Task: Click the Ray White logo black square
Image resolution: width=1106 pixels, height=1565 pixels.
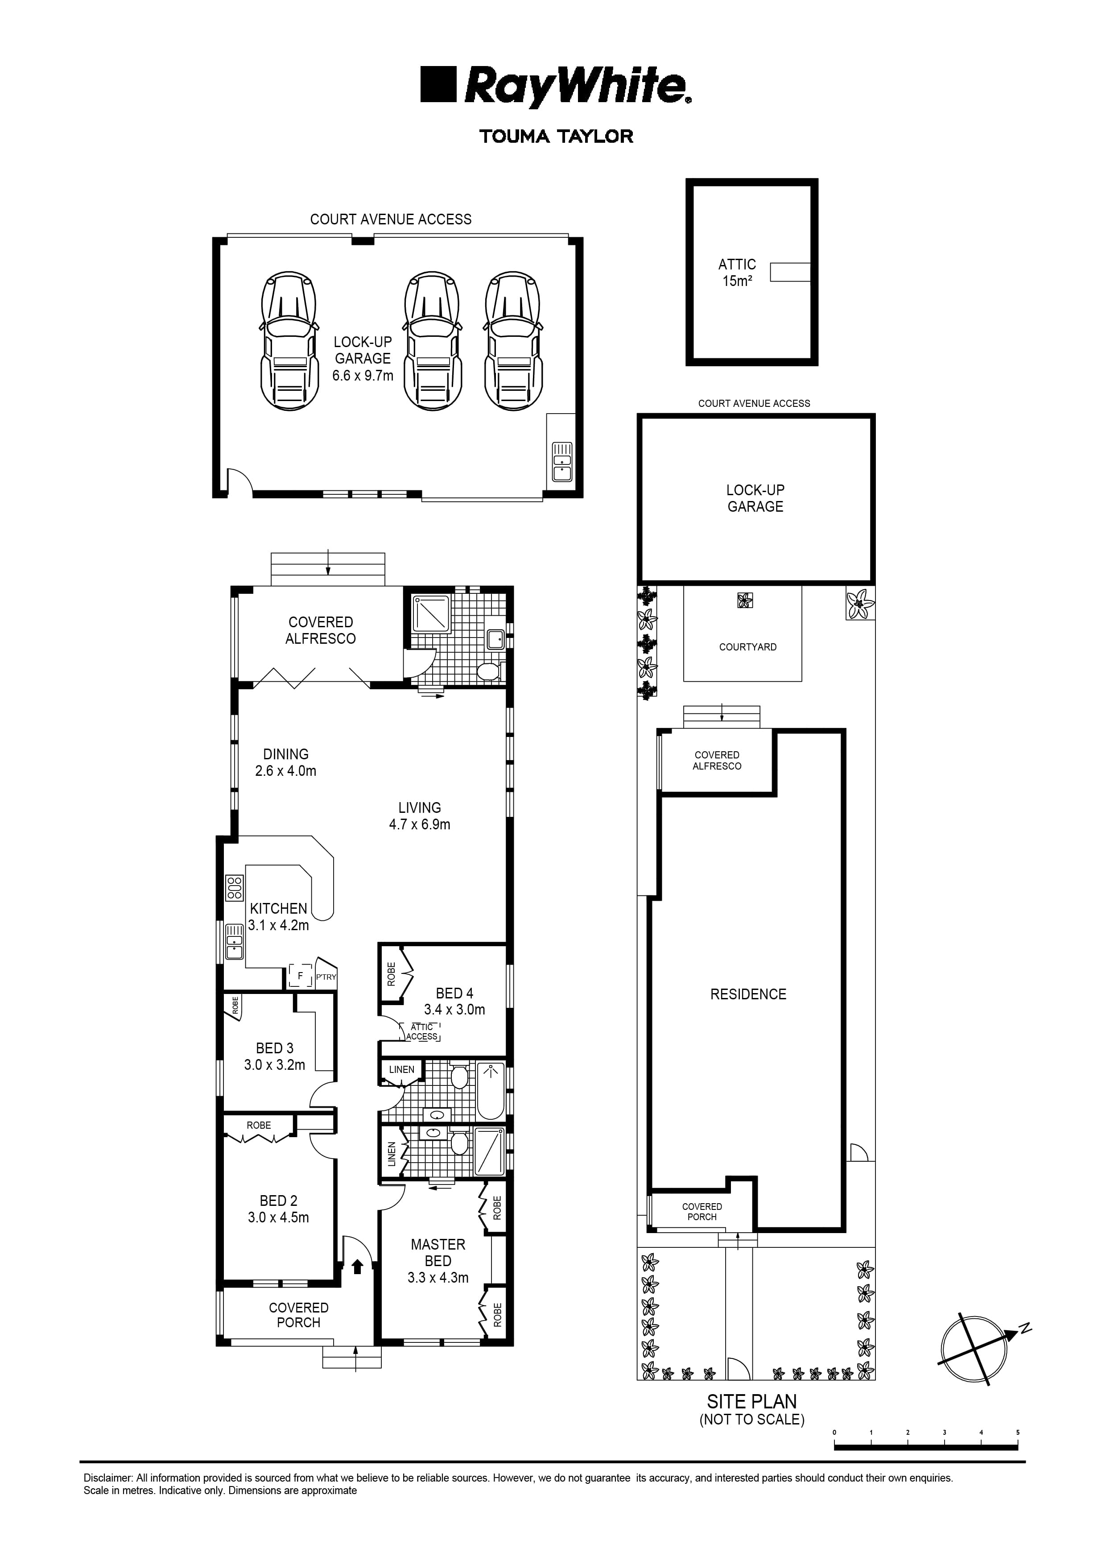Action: pos(437,84)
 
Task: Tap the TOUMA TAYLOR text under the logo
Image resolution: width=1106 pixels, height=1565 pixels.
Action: pos(556,137)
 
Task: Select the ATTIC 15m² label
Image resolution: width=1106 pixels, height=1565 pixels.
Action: pos(737,273)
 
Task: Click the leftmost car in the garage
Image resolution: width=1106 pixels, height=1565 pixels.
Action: pos(289,341)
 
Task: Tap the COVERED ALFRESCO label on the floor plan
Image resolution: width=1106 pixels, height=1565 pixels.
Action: pos(320,630)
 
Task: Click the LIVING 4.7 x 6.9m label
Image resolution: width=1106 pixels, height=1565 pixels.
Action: pos(419,816)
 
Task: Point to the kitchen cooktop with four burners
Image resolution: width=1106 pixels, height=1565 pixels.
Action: pos(235,887)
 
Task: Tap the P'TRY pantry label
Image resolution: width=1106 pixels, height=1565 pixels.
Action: pos(326,977)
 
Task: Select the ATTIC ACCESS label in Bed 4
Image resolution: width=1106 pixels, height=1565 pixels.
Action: pos(422,1032)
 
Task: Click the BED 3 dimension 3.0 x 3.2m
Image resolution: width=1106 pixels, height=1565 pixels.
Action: pos(275,1065)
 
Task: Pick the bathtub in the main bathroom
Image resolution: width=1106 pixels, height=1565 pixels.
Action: pos(490,1091)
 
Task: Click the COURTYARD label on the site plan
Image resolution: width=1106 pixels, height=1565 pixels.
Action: pos(747,647)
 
